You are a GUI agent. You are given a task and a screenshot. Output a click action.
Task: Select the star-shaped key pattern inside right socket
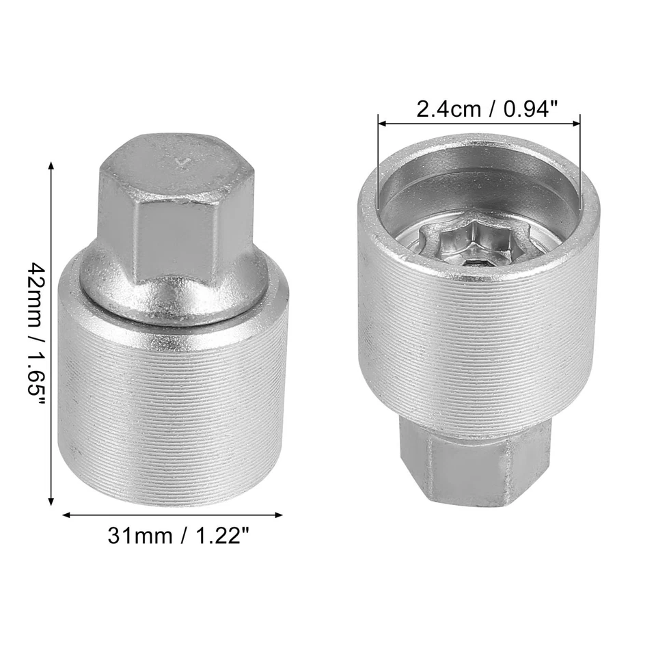[x=464, y=243]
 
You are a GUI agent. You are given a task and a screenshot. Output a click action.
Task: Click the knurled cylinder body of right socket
[x=478, y=342]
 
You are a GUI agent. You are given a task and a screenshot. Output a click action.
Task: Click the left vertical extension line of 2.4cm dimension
[x=378, y=164]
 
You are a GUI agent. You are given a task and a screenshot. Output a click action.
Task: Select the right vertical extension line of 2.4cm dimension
[x=580, y=164]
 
